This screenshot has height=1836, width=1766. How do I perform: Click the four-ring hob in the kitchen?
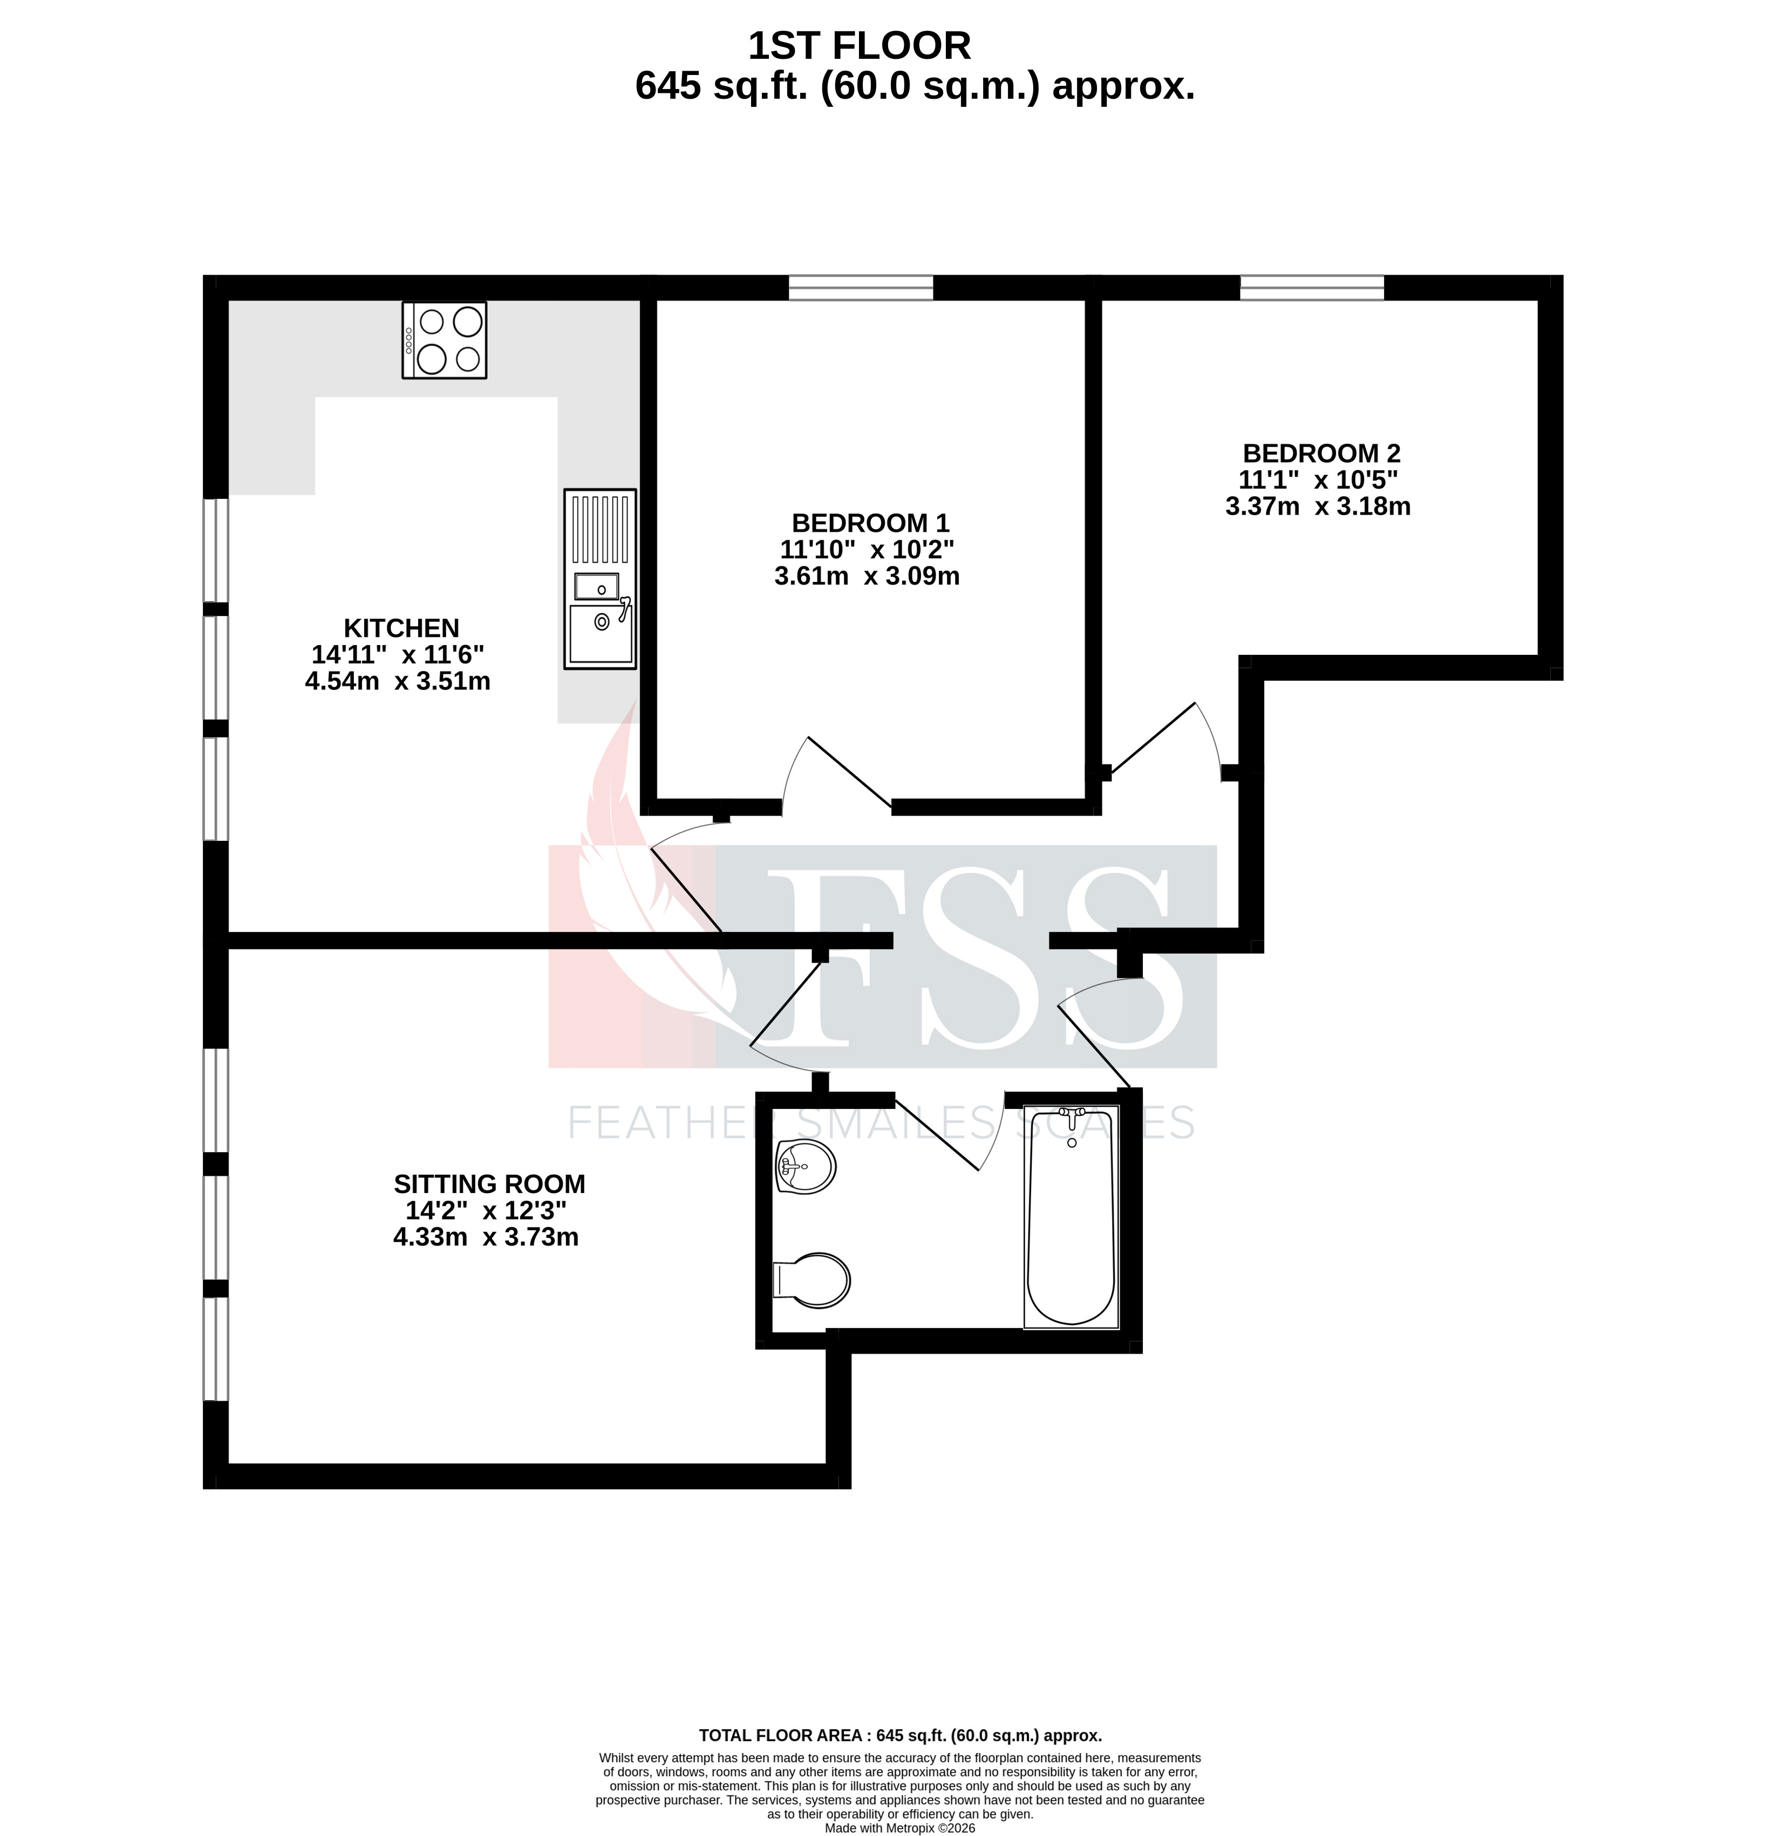tap(444, 340)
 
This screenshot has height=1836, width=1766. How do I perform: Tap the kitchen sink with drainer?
tap(599, 579)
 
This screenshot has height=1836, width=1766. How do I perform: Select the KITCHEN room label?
tap(401, 628)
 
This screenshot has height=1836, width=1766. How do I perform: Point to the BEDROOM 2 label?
tap(1321, 454)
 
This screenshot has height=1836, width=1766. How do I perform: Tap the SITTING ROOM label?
tap(489, 1184)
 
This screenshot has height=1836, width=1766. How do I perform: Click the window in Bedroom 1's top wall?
tap(861, 287)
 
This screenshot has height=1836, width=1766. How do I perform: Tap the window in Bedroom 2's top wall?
tap(1312, 287)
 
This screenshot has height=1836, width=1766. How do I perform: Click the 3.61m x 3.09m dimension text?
tap(867, 576)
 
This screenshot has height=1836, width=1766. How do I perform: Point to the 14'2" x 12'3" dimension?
tap(485, 1210)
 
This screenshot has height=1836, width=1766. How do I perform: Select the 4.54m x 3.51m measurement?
tap(397, 681)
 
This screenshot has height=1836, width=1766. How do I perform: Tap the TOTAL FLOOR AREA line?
tap(899, 1736)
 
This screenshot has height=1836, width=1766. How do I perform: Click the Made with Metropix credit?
tap(899, 1827)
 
